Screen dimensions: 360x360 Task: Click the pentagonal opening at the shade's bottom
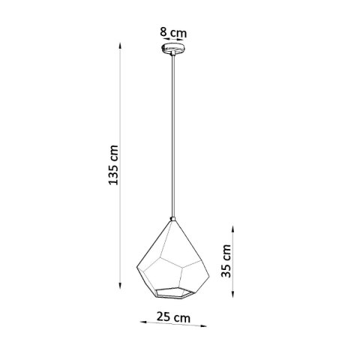(x=176, y=290)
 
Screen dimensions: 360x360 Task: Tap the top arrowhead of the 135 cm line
(x=121, y=46)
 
